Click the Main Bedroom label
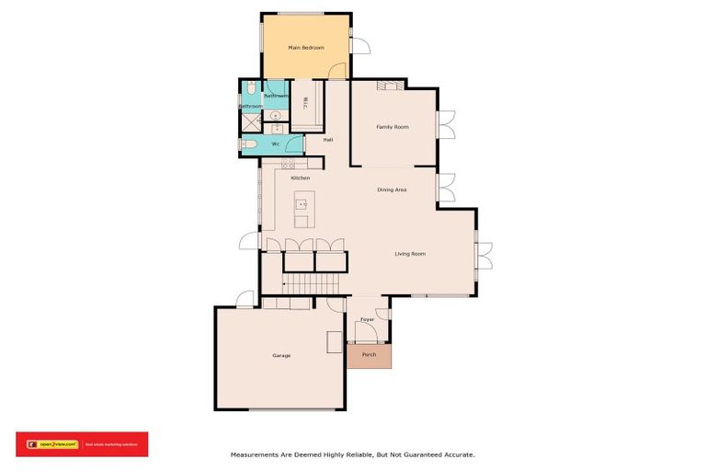pyautogui.click(x=306, y=47)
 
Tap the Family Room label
pyautogui.click(x=393, y=127)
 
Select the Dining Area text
pyautogui.click(x=392, y=190)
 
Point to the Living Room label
pyautogui.click(x=410, y=254)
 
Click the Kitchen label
pyautogui.click(x=301, y=178)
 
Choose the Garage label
pyautogui.click(x=281, y=355)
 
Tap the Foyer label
pyautogui.click(x=367, y=320)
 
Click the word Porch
pyautogui.click(x=369, y=354)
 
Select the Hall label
pyautogui.click(x=327, y=140)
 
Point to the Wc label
pyautogui.click(x=275, y=144)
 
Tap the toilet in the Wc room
pyautogui.click(x=248, y=144)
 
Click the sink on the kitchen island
pyautogui.click(x=301, y=204)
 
